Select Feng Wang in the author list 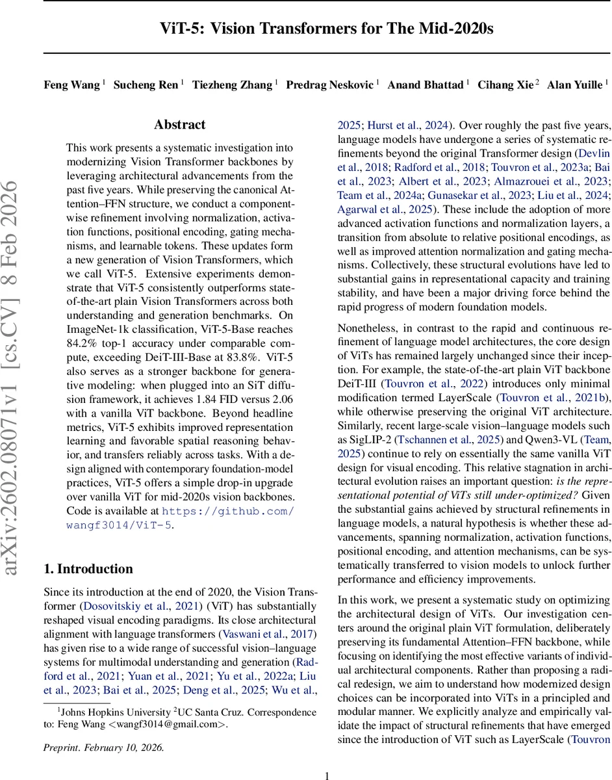[72, 85]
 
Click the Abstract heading [179, 125]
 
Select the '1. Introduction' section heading [88, 569]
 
